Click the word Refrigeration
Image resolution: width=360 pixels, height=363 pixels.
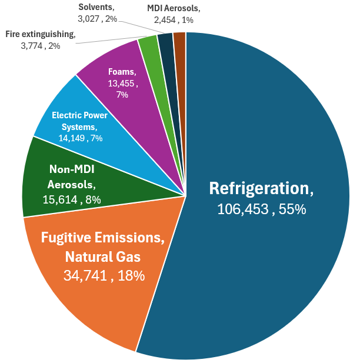[261, 188]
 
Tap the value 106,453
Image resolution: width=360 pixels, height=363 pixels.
[244, 209]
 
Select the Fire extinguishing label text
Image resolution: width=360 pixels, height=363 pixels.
[41, 34]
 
